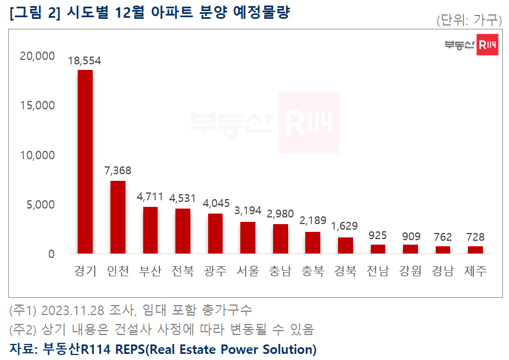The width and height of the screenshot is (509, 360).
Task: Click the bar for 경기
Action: pos(85,161)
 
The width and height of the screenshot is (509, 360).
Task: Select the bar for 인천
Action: pos(118,217)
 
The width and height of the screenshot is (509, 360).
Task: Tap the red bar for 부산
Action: pos(150,230)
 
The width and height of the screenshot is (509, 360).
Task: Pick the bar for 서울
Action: pos(248,237)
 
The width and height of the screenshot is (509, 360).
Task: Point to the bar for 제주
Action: pos(475,250)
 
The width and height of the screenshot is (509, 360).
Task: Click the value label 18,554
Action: pos(84,61)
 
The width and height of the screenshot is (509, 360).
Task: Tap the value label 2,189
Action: pos(313,221)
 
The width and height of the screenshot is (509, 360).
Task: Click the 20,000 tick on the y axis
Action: pos(37,56)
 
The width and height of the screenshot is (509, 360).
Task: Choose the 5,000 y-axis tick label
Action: pos(41,205)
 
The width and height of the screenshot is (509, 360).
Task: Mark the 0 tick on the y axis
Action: pos(51,254)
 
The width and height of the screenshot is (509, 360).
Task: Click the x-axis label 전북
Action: pos(183,271)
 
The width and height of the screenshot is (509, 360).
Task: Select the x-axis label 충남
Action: pos(280,271)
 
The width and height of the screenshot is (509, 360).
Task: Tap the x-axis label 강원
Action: pos(410,271)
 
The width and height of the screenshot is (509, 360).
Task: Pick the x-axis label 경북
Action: pos(345,271)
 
